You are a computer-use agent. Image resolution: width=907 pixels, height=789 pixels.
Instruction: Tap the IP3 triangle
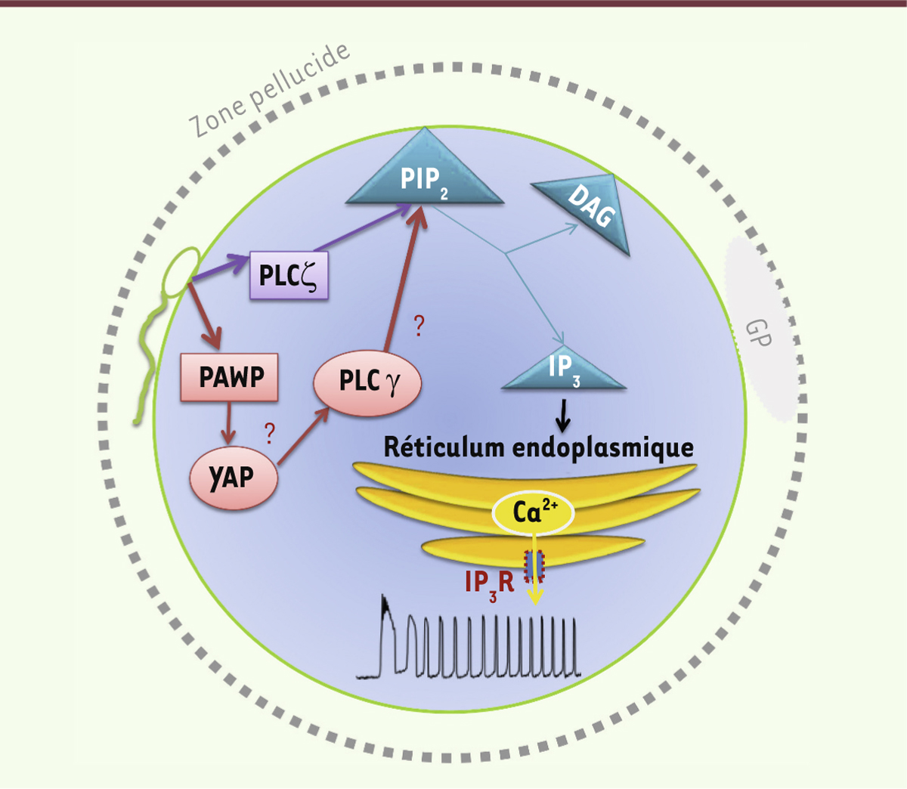click(x=564, y=371)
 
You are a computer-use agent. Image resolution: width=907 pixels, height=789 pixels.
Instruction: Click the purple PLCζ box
click(x=289, y=275)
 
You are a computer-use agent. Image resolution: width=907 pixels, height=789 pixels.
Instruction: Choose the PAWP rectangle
click(x=228, y=376)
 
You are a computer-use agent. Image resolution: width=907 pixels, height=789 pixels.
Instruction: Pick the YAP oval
click(x=232, y=478)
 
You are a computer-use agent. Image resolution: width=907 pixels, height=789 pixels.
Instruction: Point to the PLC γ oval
click(x=367, y=382)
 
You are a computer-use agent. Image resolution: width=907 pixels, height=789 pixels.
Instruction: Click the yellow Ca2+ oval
click(x=534, y=513)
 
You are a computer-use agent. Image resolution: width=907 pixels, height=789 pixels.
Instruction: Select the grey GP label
click(x=759, y=332)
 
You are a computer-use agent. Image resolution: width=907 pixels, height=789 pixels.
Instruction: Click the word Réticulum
click(x=444, y=447)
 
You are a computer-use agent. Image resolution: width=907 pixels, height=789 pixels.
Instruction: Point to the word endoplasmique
click(x=602, y=447)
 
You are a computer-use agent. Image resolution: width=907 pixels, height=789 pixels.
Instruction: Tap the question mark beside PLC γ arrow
click(x=419, y=326)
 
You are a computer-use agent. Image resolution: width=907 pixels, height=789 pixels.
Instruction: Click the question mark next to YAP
click(x=269, y=434)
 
